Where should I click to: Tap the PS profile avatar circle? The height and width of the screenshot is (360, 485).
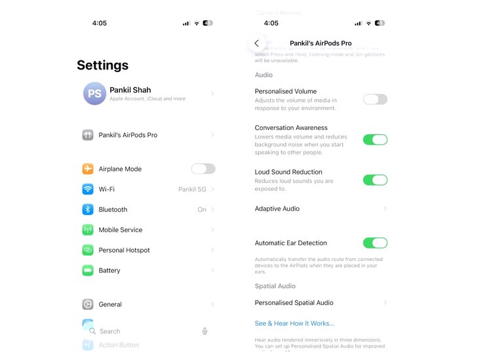point(94,94)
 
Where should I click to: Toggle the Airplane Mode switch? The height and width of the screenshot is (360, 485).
point(203,169)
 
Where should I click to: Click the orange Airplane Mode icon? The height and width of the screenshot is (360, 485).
point(88,169)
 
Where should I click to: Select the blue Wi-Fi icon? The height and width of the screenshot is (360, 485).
point(88,190)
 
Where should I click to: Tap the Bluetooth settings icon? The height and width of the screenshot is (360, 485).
point(88,210)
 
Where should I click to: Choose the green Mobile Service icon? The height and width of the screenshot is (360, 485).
point(88,230)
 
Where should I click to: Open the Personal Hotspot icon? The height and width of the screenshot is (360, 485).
point(88,250)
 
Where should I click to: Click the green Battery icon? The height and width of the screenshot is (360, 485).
point(88,271)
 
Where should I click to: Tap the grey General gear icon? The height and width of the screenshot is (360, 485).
point(88,304)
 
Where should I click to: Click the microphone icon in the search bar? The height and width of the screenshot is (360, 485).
point(205,331)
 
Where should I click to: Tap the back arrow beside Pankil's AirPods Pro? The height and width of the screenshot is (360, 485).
point(256,43)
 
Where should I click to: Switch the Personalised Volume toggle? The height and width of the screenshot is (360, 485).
point(375,100)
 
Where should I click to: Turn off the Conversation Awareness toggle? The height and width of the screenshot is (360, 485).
point(375,140)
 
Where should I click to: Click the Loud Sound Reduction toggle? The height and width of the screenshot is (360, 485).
point(375,180)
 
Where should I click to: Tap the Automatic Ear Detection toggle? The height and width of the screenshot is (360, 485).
point(375,243)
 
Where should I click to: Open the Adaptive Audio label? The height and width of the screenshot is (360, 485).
point(277,209)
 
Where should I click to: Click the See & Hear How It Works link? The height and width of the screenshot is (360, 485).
point(294,323)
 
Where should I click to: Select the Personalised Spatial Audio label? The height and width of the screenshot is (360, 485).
point(294,303)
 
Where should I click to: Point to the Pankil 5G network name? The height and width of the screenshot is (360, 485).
point(191,190)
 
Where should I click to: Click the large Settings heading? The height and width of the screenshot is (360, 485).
point(102,66)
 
